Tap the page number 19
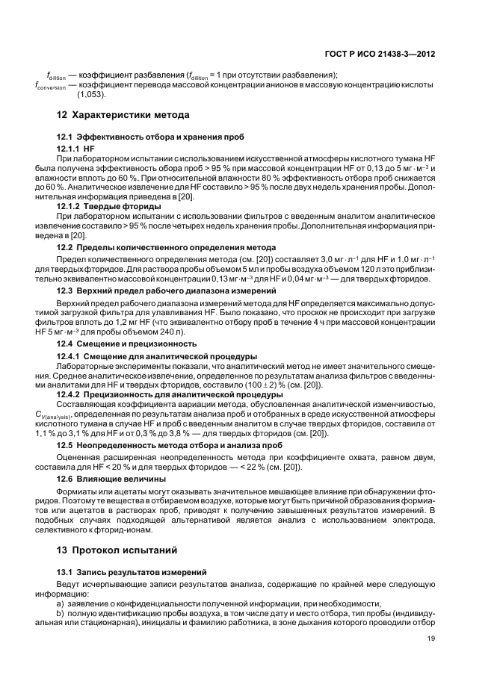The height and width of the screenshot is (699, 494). click(431, 638)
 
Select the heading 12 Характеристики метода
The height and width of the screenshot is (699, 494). click(123, 115)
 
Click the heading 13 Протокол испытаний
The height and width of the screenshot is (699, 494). click(117, 550)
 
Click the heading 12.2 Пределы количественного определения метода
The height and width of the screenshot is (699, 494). click(167, 246)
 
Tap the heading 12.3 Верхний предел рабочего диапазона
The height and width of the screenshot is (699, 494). click(167, 289)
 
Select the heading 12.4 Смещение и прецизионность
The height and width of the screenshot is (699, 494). click(127, 344)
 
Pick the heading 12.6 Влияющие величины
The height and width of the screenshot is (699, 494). click(112, 478)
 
